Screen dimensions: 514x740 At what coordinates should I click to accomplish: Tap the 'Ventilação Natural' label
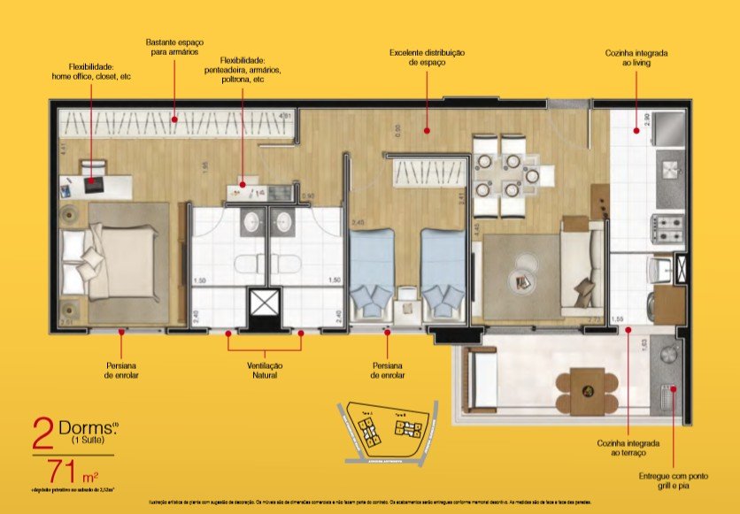[x=265, y=370]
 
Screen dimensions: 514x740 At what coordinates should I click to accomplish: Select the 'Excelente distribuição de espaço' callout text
[x=427, y=58]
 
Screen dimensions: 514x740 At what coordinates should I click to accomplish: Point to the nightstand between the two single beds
[x=407, y=299]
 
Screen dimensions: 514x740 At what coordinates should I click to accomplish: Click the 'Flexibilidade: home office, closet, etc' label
[x=92, y=72]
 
